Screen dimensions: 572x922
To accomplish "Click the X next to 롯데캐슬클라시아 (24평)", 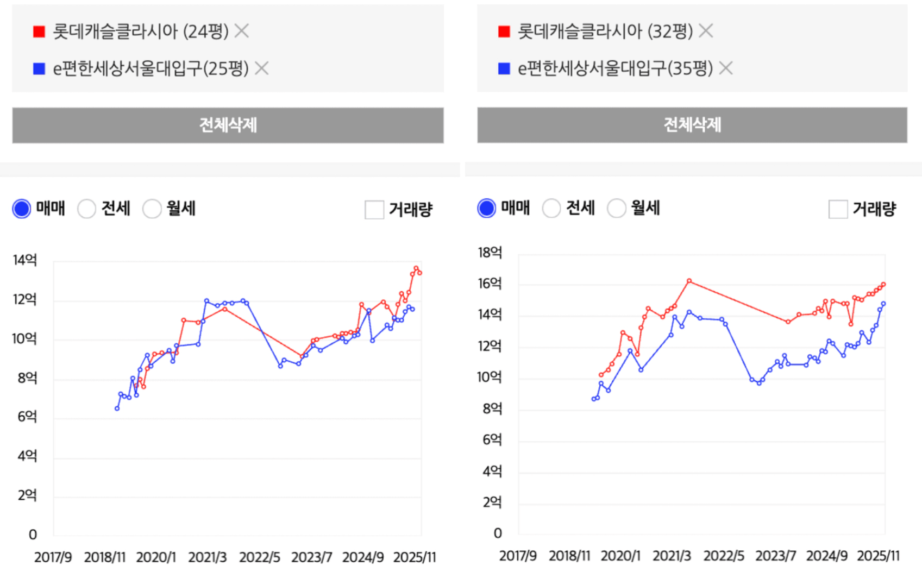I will click(x=242, y=31).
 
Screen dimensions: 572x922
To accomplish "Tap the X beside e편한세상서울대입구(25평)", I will click(x=262, y=68).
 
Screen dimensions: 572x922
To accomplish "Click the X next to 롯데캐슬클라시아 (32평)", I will click(x=706, y=31).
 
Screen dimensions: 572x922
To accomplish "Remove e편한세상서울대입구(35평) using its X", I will click(x=726, y=68).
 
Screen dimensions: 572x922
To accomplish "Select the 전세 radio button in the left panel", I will click(x=86, y=209).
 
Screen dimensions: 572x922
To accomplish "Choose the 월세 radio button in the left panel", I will click(x=152, y=209).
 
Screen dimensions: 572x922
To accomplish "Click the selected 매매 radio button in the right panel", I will click(x=486, y=208).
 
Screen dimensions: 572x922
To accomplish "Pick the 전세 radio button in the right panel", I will click(x=551, y=208).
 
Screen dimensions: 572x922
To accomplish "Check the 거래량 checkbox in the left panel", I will click(x=374, y=210).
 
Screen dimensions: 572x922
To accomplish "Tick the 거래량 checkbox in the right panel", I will click(x=838, y=209).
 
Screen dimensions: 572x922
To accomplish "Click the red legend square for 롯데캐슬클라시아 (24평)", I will click(x=39, y=32).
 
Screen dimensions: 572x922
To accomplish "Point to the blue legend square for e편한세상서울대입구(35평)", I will click(x=504, y=68).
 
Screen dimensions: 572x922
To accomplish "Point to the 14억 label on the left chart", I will click(x=25, y=260).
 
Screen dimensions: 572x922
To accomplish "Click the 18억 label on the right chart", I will click(x=490, y=253).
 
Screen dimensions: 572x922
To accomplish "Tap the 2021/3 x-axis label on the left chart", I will click(x=208, y=557).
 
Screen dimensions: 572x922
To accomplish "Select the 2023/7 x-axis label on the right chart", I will click(x=775, y=556).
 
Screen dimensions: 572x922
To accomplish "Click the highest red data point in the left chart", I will click(x=416, y=268).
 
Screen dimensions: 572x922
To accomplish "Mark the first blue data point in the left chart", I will click(x=117, y=408).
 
